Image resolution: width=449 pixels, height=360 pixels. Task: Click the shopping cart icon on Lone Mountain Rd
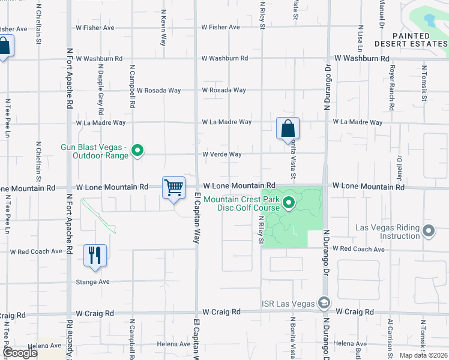173,187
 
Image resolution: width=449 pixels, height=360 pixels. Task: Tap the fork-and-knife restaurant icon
95,255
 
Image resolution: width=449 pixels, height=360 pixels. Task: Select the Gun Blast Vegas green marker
137,151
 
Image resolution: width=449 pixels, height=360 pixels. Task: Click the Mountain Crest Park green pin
289,203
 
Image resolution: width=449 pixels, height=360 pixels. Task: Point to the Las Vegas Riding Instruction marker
429,231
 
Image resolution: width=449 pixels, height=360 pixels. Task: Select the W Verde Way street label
221,154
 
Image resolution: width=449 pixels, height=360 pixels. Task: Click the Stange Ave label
92,281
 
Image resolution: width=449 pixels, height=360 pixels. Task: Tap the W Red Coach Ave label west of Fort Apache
36,251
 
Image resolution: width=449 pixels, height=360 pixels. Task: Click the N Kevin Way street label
163,27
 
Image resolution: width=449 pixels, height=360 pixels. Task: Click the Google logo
20,353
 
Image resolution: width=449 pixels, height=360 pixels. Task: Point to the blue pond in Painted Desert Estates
429,21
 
